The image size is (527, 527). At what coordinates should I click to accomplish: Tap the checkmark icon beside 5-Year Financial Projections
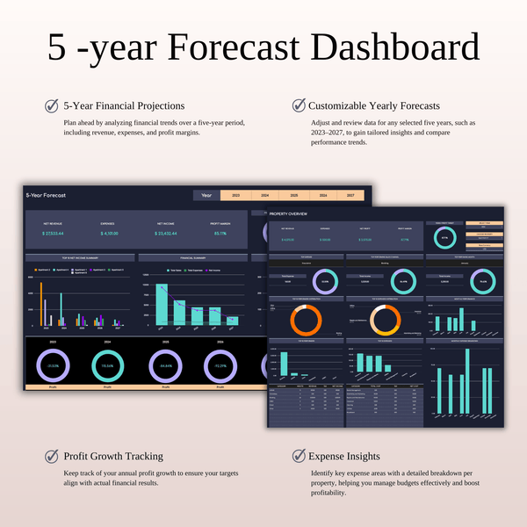pos(52,106)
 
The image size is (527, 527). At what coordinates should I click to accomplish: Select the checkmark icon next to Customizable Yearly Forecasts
pos(299,106)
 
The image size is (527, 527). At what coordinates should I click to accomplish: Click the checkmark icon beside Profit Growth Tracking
pos(52,456)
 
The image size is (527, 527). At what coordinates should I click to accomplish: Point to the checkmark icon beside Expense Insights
pos(299,456)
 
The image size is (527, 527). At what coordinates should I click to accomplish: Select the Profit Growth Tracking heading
pos(113,456)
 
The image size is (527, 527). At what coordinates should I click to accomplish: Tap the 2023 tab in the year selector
pos(236,195)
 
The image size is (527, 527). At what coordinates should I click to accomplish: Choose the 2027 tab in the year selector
pos(350,195)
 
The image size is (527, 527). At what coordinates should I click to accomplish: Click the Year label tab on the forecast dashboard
pos(206,195)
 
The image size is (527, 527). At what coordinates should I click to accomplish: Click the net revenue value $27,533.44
pos(54,234)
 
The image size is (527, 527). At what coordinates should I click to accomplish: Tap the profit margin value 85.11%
pos(220,234)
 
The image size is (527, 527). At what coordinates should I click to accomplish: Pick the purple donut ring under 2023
pos(54,365)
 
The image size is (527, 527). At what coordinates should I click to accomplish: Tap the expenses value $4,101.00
pos(111,234)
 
